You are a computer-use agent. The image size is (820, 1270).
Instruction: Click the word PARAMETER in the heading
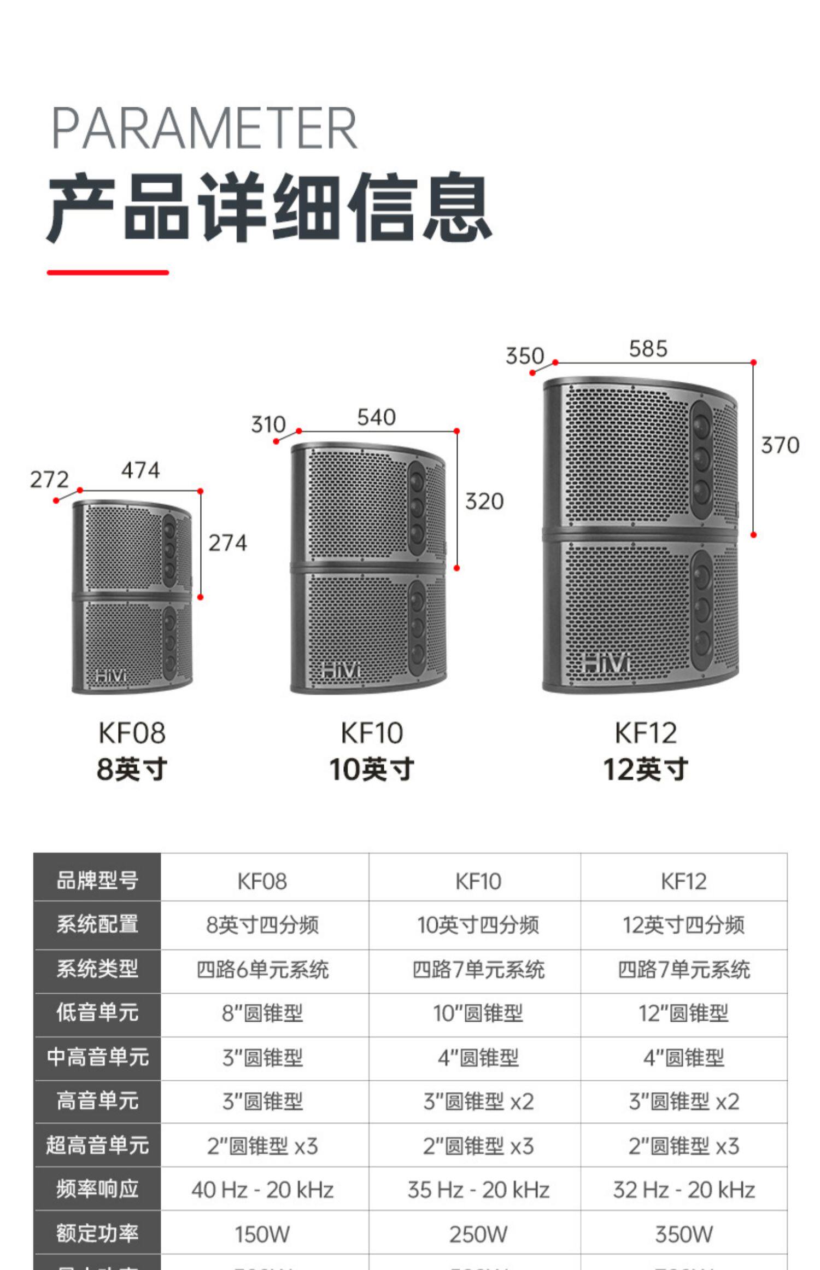click(x=204, y=128)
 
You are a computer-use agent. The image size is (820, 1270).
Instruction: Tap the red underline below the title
click(x=108, y=272)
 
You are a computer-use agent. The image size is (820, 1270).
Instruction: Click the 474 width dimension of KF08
click(x=140, y=470)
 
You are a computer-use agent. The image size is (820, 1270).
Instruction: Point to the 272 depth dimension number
click(x=49, y=480)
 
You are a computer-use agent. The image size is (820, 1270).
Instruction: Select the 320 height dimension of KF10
click(x=484, y=502)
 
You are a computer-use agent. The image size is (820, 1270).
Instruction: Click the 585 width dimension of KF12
click(x=648, y=349)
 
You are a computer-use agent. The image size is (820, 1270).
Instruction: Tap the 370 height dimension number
click(x=780, y=445)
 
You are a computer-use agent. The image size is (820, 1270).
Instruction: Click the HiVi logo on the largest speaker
click(x=606, y=663)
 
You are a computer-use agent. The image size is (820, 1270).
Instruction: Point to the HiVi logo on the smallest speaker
click(x=110, y=676)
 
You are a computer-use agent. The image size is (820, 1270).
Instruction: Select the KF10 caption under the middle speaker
click(x=372, y=733)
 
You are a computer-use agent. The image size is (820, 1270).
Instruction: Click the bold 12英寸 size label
click(x=645, y=769)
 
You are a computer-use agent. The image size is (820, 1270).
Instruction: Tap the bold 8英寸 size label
click(x=132, y=769)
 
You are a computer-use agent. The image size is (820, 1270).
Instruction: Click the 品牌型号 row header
click(x=97, y=881)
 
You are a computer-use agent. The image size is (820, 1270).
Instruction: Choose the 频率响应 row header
click(x=97, y=1189)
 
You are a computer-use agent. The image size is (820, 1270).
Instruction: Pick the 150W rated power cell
click(x=262, y=1234)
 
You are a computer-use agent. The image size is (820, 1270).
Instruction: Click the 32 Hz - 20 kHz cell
click(x=683, y=1190)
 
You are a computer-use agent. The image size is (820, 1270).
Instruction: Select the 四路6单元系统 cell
click(x=262, y=970)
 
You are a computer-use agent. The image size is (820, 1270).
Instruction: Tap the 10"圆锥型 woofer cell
click(x=478, y=1013)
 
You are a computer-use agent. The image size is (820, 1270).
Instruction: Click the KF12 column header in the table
click(x=683, y=881)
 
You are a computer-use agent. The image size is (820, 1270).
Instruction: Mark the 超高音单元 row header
click(x=97, y=1145)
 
